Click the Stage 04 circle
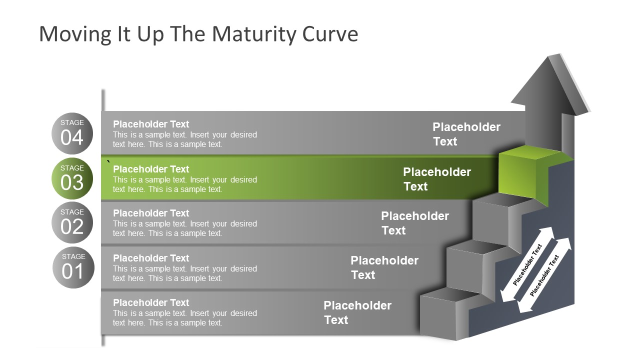point(72,133)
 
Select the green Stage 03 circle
point(72,178)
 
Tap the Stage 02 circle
point(72,222)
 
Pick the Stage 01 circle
point(73,267)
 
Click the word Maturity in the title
point(254,34)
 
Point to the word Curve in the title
point(330,34)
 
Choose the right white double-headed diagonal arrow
point(544,275)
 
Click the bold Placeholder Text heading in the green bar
point(151,169)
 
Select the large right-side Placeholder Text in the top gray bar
point(466,134)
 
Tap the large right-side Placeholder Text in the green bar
point(436,179)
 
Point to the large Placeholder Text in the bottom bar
point(357,312)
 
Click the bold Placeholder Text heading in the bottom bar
point(151,302)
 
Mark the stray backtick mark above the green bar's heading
point(108,161)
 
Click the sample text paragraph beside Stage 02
point(184,228)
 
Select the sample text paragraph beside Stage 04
point(184,139)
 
